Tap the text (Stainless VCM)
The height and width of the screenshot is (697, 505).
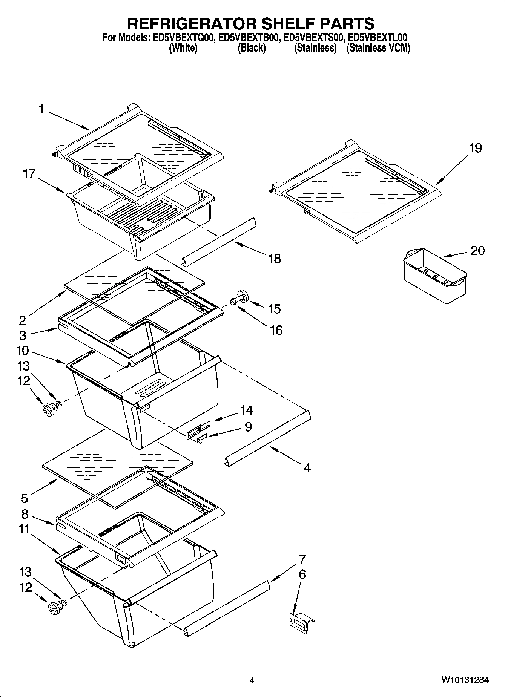coord(378,48)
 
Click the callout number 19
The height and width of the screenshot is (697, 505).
coord(475,148)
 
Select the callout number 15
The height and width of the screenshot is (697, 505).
coord(274,309)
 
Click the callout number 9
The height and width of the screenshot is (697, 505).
coord(248,426)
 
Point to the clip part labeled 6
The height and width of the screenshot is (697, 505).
coord(301,621)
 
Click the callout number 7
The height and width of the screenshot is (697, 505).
coord(302,559)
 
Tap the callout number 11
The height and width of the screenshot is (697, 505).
coord(24,529)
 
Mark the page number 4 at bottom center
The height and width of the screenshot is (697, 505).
coord(252,680)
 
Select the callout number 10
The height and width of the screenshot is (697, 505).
coord(23,351)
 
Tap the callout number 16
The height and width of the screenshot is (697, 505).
coord(276,330)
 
